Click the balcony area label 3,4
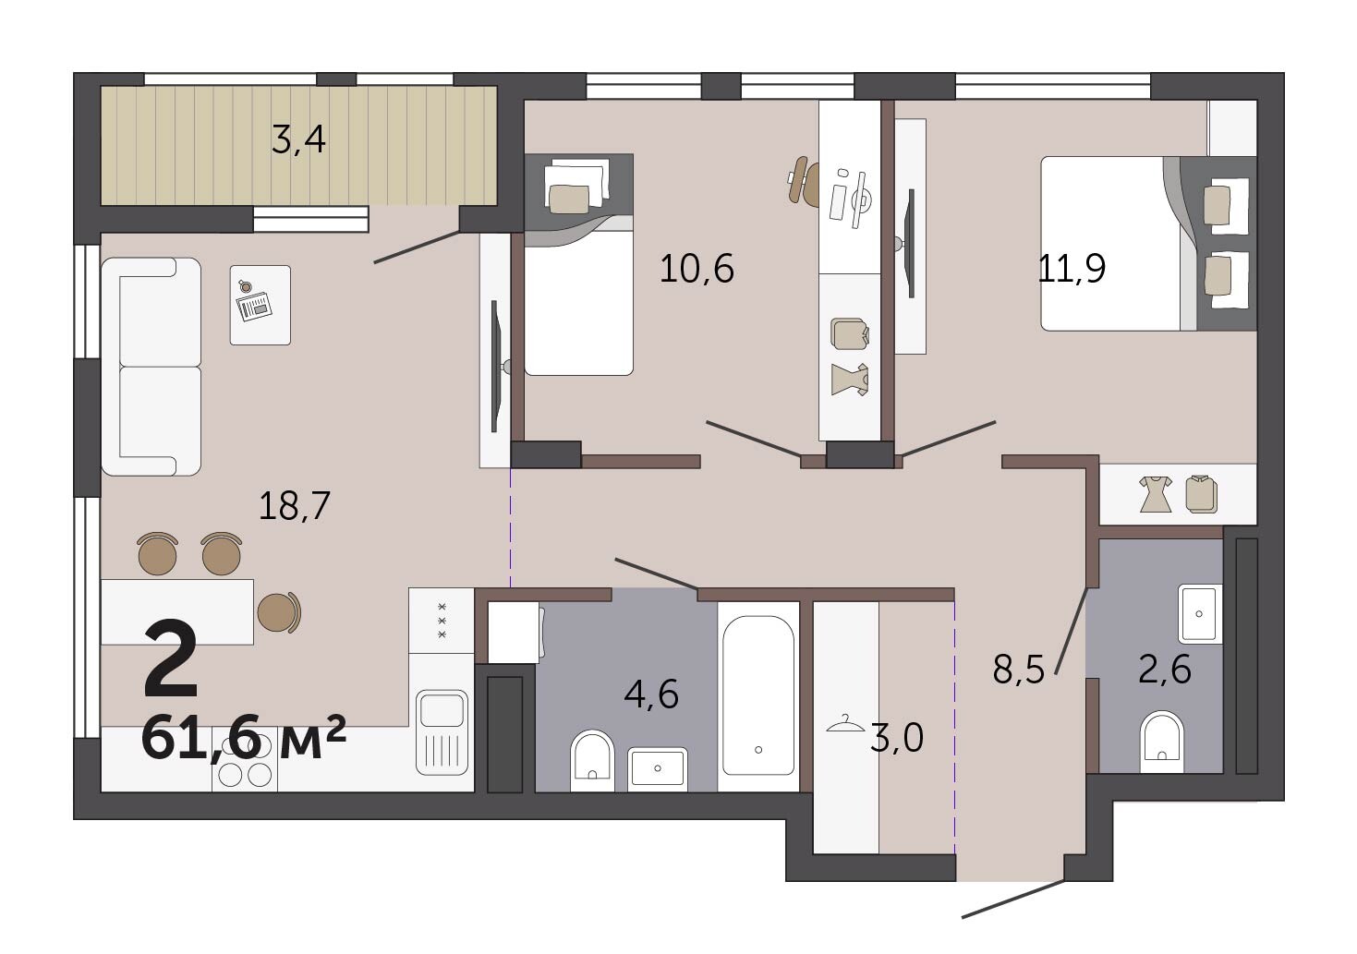click(298, 139)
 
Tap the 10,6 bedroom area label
click(697, 269)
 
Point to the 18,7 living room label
click(295, 506)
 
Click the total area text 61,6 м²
click(244, 736)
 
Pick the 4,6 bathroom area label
click(651, 694)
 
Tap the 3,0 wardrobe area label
click(897, 738)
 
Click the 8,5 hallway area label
click(1019, 670)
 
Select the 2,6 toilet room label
click(1164, 670)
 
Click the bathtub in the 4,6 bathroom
click(758, 696)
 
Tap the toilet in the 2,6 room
click(1161, 742)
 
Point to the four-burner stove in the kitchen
click(245, 768)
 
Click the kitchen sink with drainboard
click(442, 732)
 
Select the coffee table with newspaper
click(260, 305)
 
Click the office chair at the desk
click(804, 180)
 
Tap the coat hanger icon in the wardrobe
click(846, 723)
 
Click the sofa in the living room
click(151, 367)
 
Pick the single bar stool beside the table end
click(279, 611)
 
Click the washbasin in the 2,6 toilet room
click(1199, 614)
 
